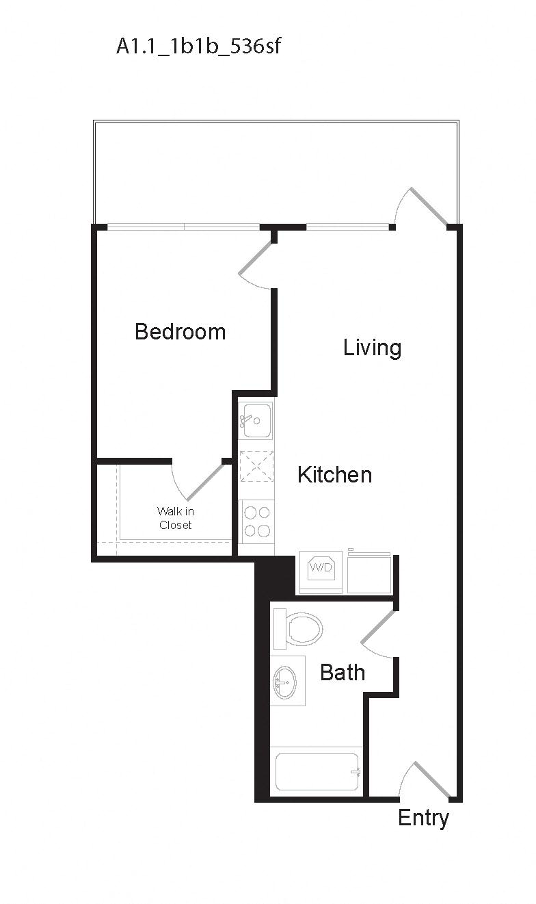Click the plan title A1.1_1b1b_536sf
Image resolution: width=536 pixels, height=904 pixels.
point(198,47)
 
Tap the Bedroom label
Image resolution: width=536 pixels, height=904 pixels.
point(180,332)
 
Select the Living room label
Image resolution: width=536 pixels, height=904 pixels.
point(372,348)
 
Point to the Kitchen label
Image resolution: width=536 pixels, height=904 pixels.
point(334,474)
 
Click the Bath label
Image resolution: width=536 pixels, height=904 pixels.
point(343,672)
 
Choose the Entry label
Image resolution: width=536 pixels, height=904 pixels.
point(423,818)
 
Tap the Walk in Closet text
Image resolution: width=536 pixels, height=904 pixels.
point(176,518)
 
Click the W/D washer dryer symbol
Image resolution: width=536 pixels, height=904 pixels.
point(321,568)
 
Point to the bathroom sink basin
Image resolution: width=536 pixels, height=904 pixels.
point(285,681)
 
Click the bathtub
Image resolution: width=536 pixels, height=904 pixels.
point(317,772)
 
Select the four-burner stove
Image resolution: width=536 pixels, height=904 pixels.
point(256,521)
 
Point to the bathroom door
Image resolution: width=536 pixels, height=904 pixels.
point(378,628)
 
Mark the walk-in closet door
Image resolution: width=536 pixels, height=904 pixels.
point(204,482)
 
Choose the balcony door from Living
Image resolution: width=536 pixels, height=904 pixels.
point(428,206)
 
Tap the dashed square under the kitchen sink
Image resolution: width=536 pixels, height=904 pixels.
point(256,466)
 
